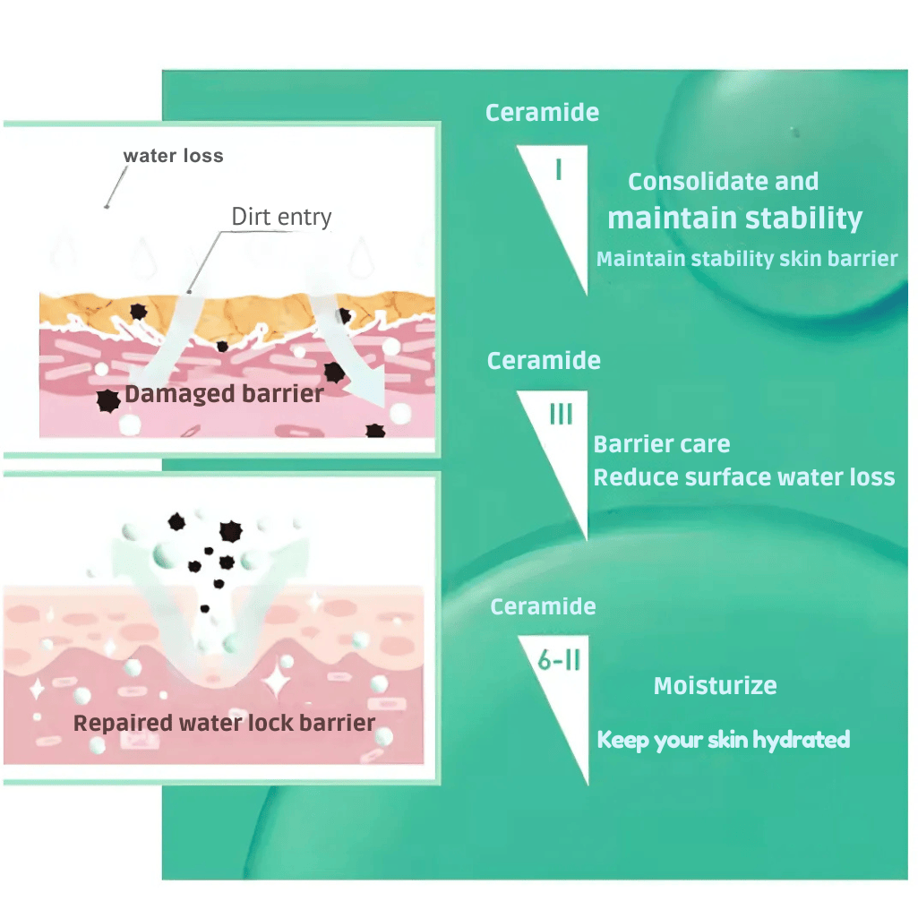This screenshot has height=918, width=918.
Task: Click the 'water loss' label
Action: tap(173, 156)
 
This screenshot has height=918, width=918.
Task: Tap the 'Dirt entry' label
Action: tap(281, 217)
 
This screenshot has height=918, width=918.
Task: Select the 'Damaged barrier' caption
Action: tap(224, 394)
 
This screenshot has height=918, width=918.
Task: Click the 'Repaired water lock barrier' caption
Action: tap(224, 723)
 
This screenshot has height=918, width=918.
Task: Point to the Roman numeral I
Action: tap(559, 168)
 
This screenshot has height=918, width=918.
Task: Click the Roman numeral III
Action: tap(562, 415)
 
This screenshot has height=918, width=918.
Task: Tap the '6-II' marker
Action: tap(561, 663)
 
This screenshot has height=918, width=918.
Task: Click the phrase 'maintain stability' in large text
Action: tap(735, 218)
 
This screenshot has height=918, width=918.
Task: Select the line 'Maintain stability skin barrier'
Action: tap(747, 259)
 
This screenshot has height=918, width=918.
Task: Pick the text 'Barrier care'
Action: tap(662, 444)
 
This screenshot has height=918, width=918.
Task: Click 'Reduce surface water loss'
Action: tap(744, 477)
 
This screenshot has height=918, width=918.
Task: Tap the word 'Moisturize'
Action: tap(715, 686)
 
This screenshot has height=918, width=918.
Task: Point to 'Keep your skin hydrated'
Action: tap(724, 740)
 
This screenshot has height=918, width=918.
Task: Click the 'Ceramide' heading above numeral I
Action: tap(543, 113)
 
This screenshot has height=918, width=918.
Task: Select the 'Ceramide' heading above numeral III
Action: tap(544, 361)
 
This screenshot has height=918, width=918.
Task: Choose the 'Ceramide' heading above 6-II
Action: tap(544, 606)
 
